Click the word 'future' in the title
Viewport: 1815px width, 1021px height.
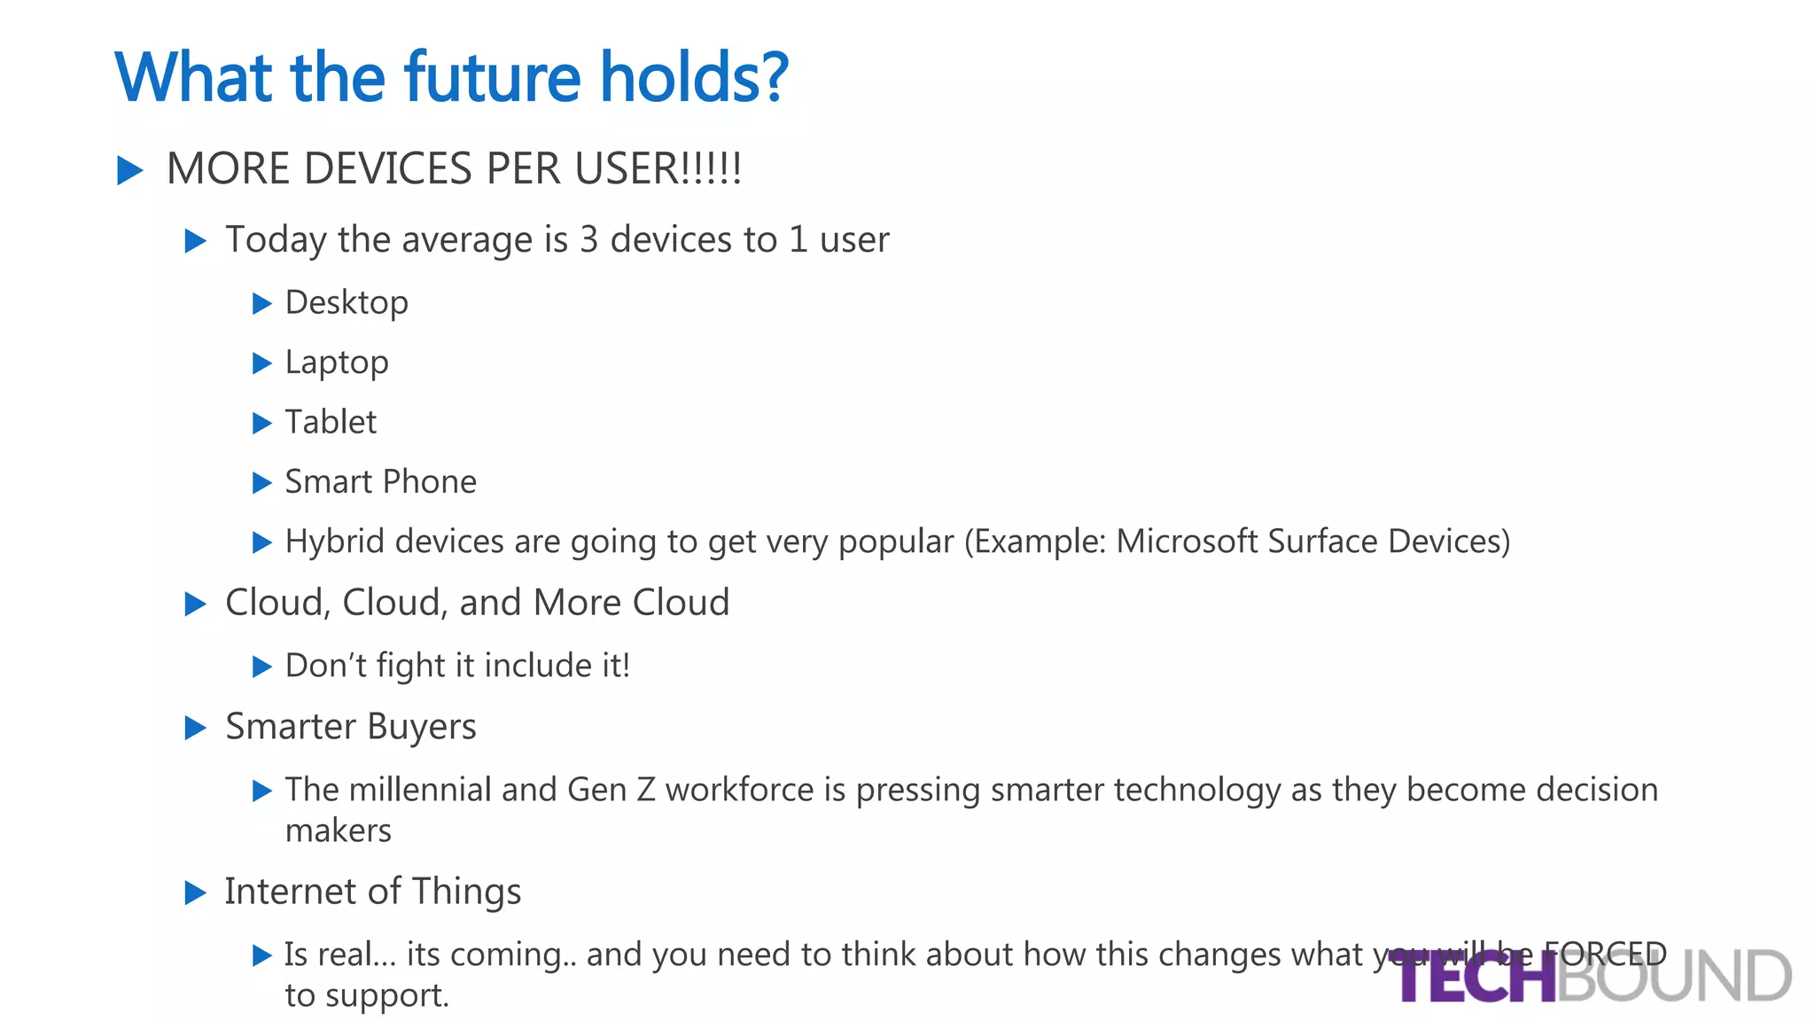[x=493, y=78]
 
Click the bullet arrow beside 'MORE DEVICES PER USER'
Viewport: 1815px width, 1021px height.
[x=130, y=170]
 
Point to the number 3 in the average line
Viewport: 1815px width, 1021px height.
[x=588, y=239]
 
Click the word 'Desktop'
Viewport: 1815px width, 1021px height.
[x=347, y=303]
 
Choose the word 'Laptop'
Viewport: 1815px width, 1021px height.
[x=337, y=363]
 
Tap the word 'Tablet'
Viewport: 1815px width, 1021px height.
[x=331, y=422]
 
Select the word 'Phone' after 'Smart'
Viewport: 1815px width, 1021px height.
[x=430, y=482]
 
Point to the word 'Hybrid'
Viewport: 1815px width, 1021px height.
[x=334, y=542]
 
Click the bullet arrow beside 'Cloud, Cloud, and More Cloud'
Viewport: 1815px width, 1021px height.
[x=195, y=604]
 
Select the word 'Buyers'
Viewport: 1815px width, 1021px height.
[x=422, y=727]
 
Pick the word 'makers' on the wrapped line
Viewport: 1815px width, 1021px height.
[x=338, y=831]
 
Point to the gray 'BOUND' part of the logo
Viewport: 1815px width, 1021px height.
[x=1675, y=978]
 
